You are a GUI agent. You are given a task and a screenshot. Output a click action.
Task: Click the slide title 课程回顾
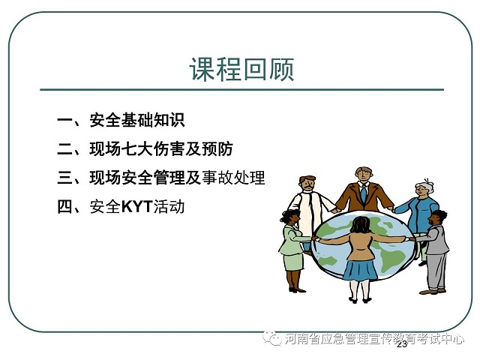(x=241, y=70)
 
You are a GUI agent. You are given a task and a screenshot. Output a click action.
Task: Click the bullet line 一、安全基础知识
(x=121, y=120)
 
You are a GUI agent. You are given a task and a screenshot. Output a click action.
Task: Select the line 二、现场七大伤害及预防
(x=145, y=148)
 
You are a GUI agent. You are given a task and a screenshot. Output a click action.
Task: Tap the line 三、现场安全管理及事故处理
(x=161, y=178)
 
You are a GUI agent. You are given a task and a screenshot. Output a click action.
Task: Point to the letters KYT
(x=136, y=207)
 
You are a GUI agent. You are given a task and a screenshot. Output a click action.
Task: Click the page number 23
(x=402, y=344)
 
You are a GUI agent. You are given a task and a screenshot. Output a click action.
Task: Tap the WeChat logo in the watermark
(x=272, y=338)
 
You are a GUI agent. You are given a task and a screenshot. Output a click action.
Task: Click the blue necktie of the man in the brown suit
(x=363, y=193)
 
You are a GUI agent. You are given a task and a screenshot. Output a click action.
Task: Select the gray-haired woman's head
(x=424, y=187)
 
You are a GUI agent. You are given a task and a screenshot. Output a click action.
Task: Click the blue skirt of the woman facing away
(x=360, y=270)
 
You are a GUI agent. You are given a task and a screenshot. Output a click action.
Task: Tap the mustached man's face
(x=308, y=184)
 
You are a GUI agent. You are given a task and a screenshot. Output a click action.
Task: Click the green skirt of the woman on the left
(x=293, y=262)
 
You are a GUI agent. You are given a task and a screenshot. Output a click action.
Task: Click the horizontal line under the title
(x=241, y=90)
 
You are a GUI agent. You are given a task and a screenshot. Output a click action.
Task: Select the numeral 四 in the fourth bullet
(x=65, y=207)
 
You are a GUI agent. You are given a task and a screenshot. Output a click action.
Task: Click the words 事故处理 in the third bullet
(x=233, y=178)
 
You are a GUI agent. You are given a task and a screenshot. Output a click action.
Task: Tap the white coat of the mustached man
(x=310, y=211)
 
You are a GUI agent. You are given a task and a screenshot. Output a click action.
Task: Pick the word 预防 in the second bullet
(x=217, y=148)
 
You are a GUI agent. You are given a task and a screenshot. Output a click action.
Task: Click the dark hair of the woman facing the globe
(x=361, y=225)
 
